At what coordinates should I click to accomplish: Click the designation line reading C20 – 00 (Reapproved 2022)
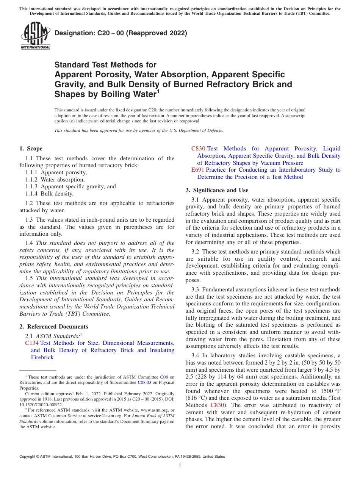click(121, 33)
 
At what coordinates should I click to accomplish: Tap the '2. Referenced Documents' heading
click(53, 327)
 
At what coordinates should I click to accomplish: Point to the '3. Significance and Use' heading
click(217, 190)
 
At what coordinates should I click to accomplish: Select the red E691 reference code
click(198, 170)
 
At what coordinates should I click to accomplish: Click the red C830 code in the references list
click(198, 149)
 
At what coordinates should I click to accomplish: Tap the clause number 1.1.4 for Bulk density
click(32, 194)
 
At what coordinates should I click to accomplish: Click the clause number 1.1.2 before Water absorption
click(32, 180)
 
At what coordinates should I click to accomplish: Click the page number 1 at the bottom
click(180, 466)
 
